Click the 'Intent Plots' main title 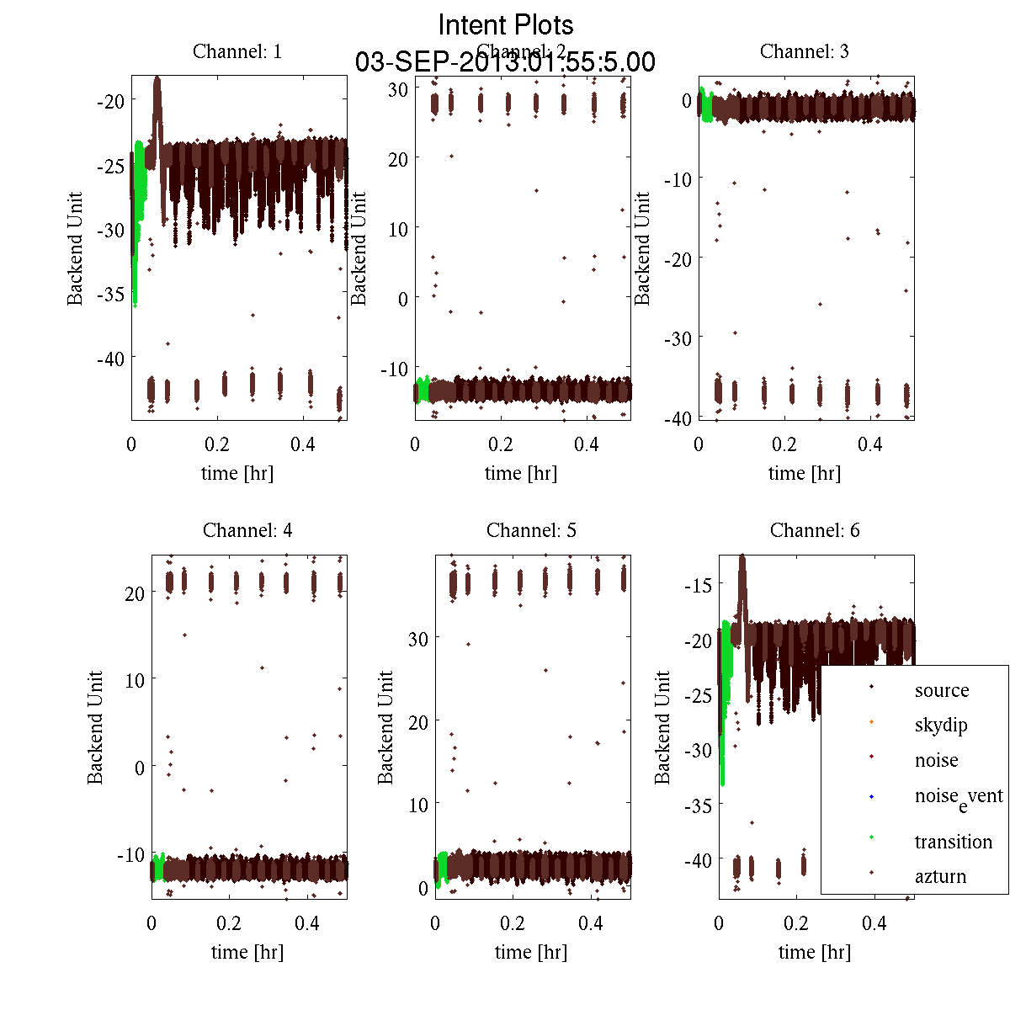506,24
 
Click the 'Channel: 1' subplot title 237,51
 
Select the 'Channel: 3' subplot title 804,51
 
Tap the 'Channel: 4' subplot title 247,530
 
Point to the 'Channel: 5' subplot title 531,530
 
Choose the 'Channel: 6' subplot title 815,530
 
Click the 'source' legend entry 941,691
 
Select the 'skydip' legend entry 940,726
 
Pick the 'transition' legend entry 953,842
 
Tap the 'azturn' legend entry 940,877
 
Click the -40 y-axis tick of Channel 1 110,359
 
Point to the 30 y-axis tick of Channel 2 398,89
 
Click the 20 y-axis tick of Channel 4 135,593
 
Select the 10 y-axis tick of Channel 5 418,805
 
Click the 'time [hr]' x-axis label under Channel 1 237,473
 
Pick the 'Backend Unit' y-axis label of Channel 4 95,727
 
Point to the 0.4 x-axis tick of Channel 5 591,923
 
